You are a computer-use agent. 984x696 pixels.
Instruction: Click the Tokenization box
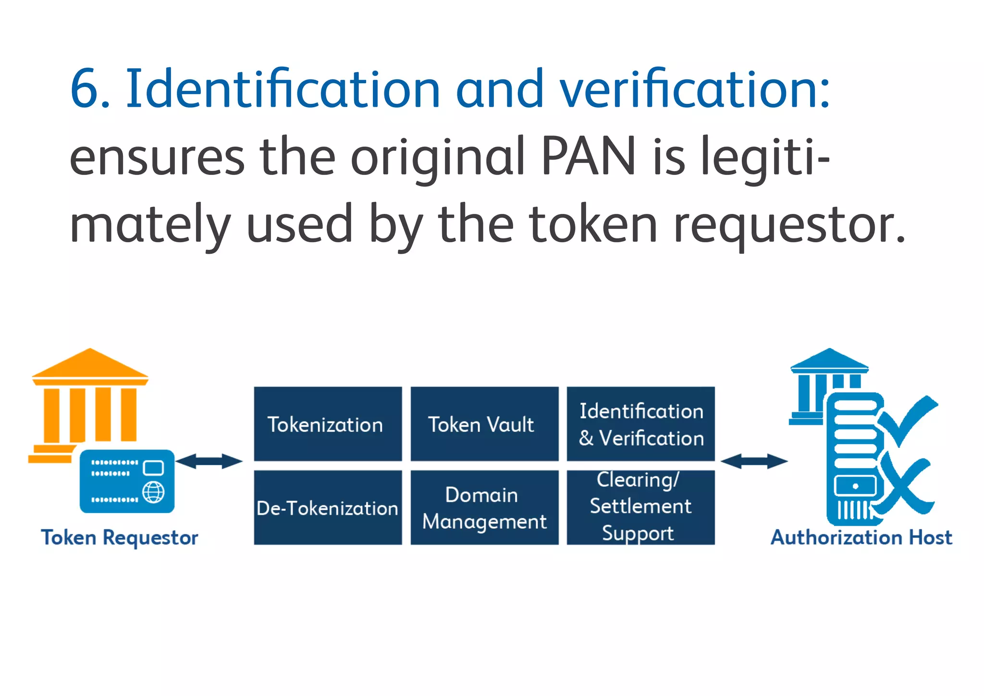tap(328, 424)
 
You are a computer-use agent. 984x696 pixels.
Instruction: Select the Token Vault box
tap(484, 424)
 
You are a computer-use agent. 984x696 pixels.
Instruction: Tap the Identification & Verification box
tap(640, 424)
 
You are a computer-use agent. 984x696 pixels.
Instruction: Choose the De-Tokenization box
tap(328, 508)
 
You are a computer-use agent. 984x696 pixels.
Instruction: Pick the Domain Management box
tap(484, 508)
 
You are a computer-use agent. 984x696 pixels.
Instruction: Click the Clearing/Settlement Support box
tap(640, 508)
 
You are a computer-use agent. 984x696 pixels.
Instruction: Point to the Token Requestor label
tap(120, 537)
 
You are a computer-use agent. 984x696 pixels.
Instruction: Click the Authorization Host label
tap(861, 537)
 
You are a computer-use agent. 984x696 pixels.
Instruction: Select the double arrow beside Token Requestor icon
tap(209, 461)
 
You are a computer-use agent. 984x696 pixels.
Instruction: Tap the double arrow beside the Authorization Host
tap(754, 461)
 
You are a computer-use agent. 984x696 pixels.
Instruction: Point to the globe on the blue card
tap(154, 492)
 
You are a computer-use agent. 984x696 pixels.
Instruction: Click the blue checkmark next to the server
tap(908, 418)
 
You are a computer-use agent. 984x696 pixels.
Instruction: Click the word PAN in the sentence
tap(589, 157)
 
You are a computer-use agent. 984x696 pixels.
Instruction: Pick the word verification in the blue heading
tap(694, 89)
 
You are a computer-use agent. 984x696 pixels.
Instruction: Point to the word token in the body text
tap(593, 224)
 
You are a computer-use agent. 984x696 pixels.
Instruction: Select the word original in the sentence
tap(437, 157)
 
